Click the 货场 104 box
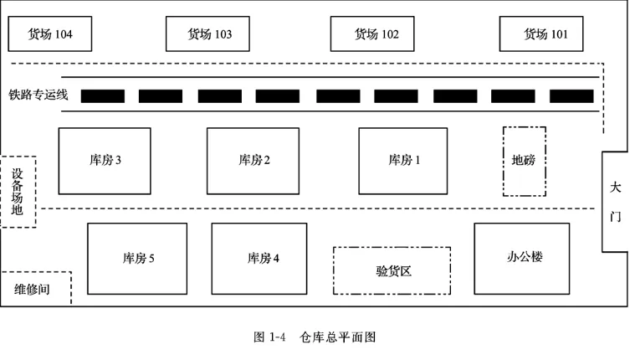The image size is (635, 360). (50, 34)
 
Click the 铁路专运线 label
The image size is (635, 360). (38, 95)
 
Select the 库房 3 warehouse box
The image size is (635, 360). (105, 160)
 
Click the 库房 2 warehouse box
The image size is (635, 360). (253, 160)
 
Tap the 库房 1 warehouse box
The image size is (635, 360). (403, 160)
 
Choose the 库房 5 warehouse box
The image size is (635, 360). (138, 258)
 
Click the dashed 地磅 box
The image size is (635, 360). (524, 161)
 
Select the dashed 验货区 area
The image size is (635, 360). (392, 270)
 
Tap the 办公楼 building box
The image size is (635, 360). (523, 258)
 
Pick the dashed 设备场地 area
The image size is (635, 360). (18, 192)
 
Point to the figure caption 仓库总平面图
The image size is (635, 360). (337, 337)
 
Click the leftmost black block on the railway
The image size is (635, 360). (103, 96)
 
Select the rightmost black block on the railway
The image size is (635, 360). (571, 96)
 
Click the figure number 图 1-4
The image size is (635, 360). (269, 337)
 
